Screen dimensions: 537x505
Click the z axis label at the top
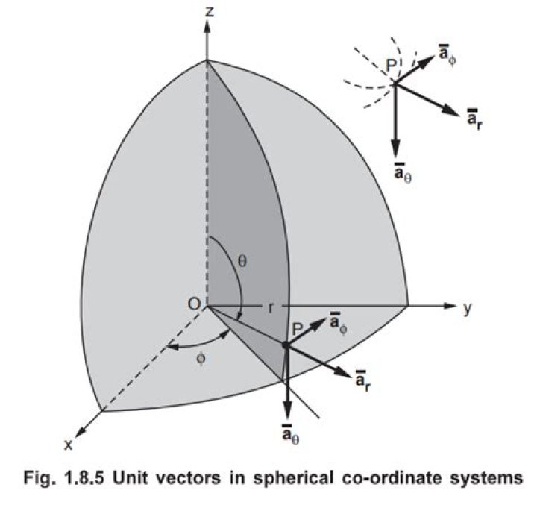(210, 13)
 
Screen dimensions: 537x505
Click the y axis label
(467, 309)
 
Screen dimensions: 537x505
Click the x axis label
(69, 445)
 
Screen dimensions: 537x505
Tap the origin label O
(194, 304)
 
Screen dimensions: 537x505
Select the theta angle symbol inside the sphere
(242, 261)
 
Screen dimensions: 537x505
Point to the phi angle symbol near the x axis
(201, 359)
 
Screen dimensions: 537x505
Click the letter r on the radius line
(271, 307)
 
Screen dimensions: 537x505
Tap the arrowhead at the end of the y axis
(450, 305)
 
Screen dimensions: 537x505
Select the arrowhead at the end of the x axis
(80, 433)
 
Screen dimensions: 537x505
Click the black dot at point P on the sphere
(285, 345)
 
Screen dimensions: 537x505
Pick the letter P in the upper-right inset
(392, 66)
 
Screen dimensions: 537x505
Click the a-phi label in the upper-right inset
(447, 55)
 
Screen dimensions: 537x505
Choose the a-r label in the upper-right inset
(475, 119)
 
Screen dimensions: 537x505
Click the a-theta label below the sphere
(290, 434)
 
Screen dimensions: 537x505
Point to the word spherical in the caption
(293, 479)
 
